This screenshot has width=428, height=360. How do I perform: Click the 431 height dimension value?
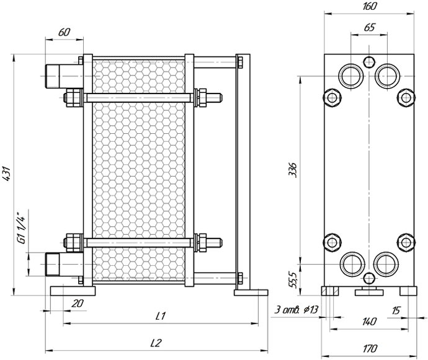(6, 173)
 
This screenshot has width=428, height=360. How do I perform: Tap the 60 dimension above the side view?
(65, 32)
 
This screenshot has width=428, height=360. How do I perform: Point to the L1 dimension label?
(161, 316)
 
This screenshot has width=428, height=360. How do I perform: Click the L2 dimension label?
(156, 343)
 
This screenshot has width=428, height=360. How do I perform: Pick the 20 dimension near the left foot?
(78, 303)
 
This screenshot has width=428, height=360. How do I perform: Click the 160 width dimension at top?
(369, 7)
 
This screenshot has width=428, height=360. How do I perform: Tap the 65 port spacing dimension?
(370, 27)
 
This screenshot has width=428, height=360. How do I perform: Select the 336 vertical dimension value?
(293, 170)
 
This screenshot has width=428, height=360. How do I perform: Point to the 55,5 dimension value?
(293, 280)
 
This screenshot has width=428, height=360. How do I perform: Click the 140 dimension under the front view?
(369, 322)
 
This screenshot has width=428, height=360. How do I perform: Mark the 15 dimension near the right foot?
(396, 310)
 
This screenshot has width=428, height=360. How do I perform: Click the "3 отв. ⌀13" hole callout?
(296, 310)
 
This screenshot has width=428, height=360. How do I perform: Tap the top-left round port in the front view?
(351, 76)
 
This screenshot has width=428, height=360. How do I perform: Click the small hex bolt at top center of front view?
(369, 61)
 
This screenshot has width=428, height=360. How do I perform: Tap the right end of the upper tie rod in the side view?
(221, 98)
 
